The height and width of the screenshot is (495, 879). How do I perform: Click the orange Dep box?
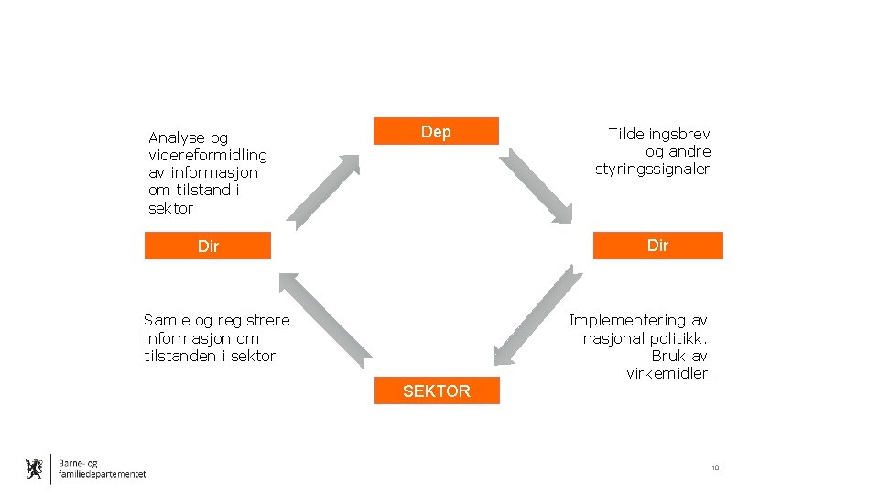click(x=436, y=132)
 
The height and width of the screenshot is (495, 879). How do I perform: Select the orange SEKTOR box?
click(x=437, y=391)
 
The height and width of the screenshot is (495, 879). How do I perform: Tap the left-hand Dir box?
click(x=208, y=246)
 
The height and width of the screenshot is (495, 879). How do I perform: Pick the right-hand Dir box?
click(x=657, y=246)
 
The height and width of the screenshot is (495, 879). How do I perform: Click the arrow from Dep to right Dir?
click(x=537, y=184)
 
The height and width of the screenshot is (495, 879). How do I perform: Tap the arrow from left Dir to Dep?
click(x=325, y=192)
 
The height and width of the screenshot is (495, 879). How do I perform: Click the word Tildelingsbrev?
click(x=659, y=134)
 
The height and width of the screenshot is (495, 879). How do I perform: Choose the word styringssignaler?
click(x=652, y=170)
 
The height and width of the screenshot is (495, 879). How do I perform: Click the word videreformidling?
click(x=208, y=155)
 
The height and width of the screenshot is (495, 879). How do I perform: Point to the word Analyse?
click(x=176, y=137)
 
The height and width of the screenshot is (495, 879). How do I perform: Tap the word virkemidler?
click(x=669, y=374)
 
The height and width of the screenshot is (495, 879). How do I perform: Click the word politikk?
click(x=678, y=338)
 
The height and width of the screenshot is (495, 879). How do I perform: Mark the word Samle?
click(x=165, y=321)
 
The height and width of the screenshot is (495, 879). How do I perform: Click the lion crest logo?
click(x=35, y=469)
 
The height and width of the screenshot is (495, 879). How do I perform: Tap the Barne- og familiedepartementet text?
click(x=101, y=468)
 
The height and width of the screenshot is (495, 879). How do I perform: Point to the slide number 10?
click(x=715, y=468)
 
